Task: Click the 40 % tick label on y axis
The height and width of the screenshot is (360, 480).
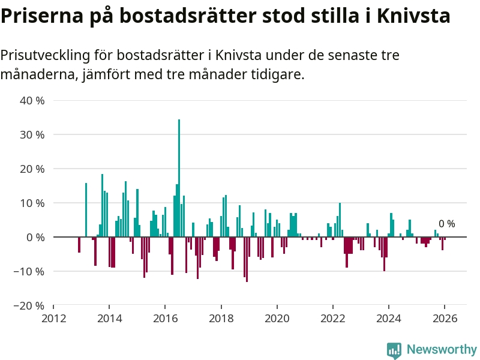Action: (32, 101)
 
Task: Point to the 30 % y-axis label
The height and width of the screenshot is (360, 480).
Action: (32, 135)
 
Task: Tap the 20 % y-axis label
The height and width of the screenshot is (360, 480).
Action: (32, 169)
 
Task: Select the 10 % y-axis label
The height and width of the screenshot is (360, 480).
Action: (32, 203)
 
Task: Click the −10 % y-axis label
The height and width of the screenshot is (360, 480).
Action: (30, 271)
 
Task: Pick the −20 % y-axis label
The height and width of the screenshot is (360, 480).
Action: (30, 305)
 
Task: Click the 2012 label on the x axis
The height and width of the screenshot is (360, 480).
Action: (53, 318)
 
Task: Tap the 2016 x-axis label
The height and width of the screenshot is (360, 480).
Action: (165, 318)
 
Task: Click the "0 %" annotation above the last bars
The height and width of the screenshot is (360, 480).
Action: (446, 224)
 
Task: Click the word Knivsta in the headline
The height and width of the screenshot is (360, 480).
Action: (413, 16)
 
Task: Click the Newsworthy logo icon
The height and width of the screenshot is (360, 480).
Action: (394, 350)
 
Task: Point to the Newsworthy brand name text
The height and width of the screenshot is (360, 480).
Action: (442, 349)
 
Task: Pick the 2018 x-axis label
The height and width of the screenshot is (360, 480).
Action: (221, 318)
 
